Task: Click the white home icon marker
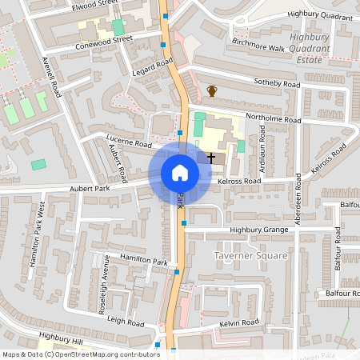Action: pyautogui.click(x=179, y=173)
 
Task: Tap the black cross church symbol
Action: pyautogui.click(x=212, y=158)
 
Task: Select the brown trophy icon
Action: pyautogui.click(x=212, y=91)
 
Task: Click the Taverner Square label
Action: pyautogui.click(x=250, y=255)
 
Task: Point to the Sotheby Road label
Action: pyautogui.click(x=276, y=83)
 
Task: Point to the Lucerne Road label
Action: pyautogui.click(x=128, y=144)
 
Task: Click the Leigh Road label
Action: pyautogui.click(x=126, y=321)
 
